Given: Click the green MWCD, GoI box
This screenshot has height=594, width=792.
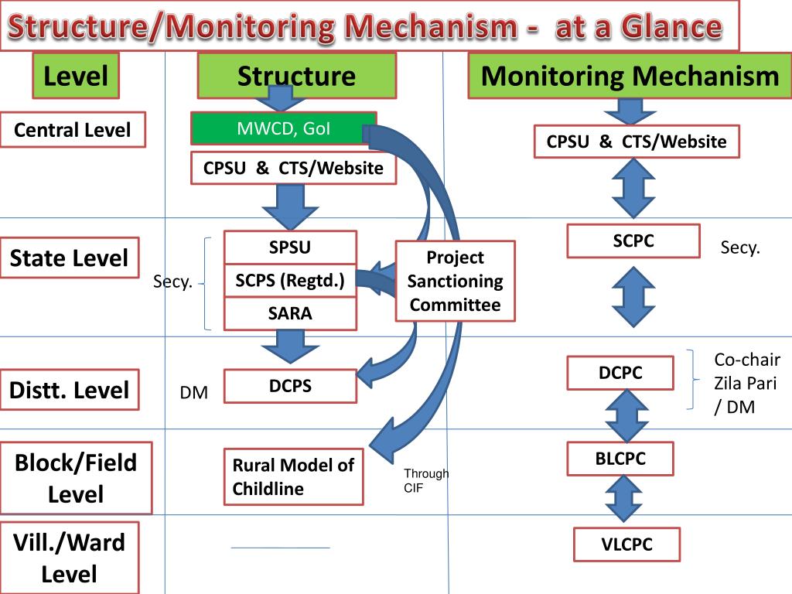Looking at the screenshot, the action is point(283,128).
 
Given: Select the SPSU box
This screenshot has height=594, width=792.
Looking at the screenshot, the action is point(291,247).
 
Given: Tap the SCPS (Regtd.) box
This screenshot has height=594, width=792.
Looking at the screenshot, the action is point(291,280).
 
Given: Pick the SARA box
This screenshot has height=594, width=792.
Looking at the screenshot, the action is point(291,314).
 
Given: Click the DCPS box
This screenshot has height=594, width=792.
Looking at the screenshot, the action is point(291,386).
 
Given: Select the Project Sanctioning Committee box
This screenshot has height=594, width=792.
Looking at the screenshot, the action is point(455,281).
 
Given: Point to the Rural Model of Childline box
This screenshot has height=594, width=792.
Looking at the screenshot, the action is point(293,476).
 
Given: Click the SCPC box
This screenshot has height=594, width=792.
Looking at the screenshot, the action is point(633,241).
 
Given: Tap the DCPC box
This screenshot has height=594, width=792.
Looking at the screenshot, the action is point(620,373).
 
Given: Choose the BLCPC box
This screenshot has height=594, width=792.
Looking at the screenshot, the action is point(620,459).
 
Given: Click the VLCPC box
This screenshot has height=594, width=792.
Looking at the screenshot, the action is point(626,544).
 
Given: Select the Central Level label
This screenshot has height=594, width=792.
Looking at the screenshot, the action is point(73,130).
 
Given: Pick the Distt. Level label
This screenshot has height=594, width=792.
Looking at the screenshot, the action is point(69,390).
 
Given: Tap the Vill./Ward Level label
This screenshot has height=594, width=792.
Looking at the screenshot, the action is point(69,558).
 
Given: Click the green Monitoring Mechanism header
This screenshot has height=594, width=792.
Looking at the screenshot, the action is point(630,76).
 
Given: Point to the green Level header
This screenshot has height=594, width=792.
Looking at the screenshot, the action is point(76,76).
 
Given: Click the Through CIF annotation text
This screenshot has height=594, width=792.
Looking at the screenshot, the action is point(426,480).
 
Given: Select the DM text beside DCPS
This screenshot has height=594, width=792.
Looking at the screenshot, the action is point(194,392).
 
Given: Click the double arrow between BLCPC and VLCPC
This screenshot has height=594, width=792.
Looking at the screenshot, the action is point(623,499).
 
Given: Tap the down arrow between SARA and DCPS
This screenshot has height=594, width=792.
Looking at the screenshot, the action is point(291,346).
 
